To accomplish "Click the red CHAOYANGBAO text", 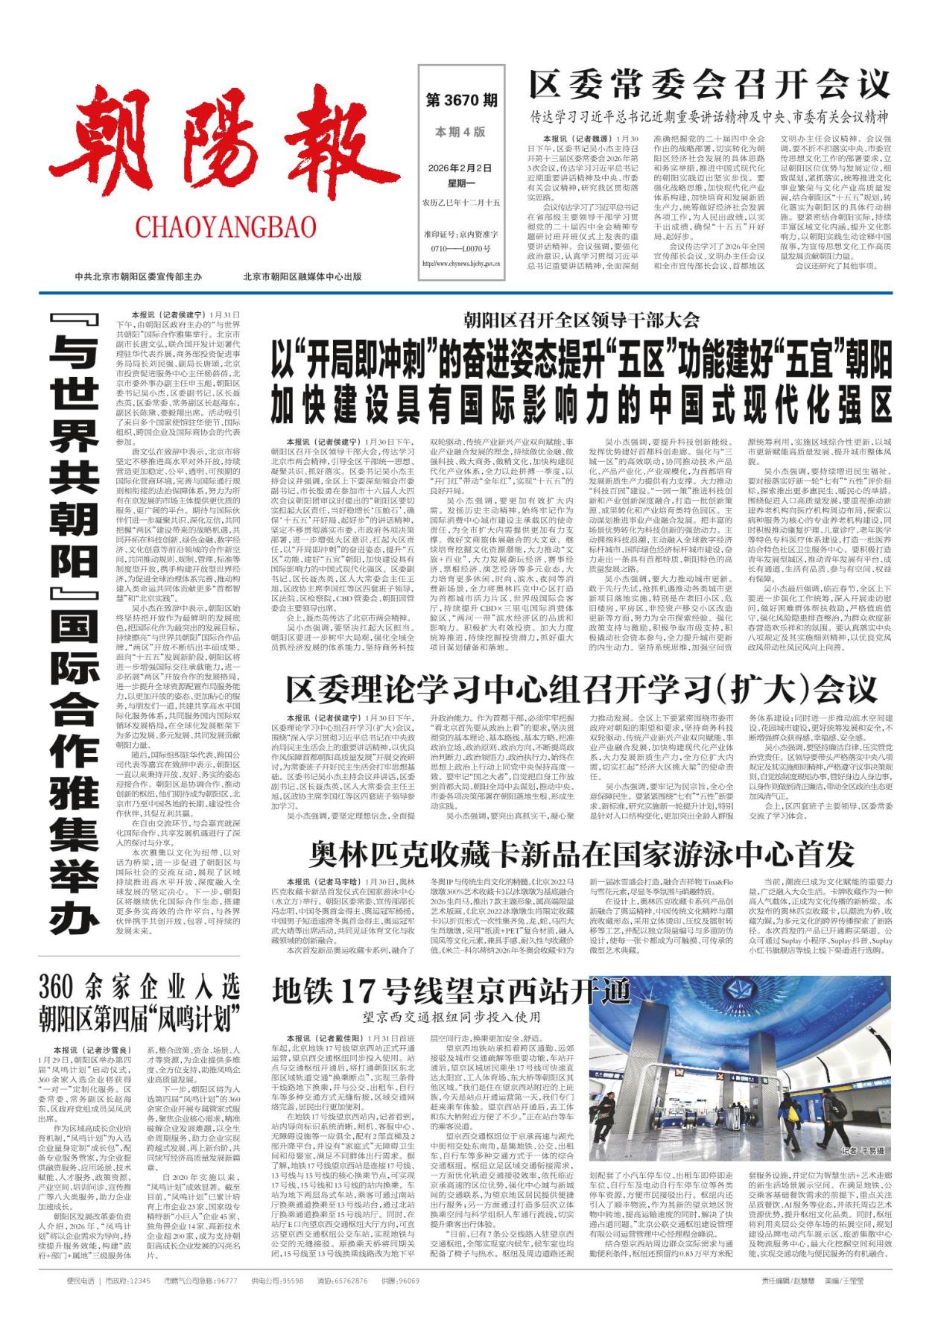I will click(225, 226).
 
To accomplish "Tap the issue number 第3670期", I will click(461, 100).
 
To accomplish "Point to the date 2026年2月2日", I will click(460, 168).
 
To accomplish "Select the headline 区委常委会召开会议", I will click(709, 83).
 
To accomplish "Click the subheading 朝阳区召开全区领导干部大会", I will click(581, 321).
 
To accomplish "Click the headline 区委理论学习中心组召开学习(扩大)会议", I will click(581, 691).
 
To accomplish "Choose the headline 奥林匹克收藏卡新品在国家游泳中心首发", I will click(581, 854).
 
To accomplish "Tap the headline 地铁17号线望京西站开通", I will click(451, 991).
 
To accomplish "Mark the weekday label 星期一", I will click(460, 183).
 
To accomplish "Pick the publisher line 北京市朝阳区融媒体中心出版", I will click(302, 276).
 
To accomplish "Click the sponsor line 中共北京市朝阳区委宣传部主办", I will click(139, 276).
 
